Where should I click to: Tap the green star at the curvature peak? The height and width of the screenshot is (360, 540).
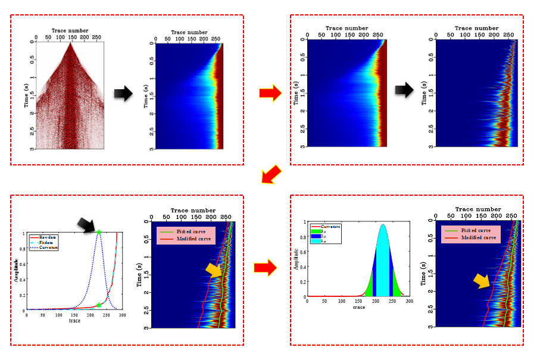click(x=99, y=232)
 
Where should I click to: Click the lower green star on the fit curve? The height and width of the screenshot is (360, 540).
click(x=99, y=305)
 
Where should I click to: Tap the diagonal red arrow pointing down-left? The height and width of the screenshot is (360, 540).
click(x=271, y=175)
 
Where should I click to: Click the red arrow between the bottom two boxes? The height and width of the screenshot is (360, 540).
click(x=265, y=267)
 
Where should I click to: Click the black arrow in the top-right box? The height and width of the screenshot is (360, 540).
click(x=405, y=90)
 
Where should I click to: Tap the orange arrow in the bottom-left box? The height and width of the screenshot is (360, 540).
click(x=214, y=271)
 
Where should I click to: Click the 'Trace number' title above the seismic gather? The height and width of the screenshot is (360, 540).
click(x=70, y=30)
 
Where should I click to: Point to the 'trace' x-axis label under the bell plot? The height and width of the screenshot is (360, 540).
click(x=358, y=307)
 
